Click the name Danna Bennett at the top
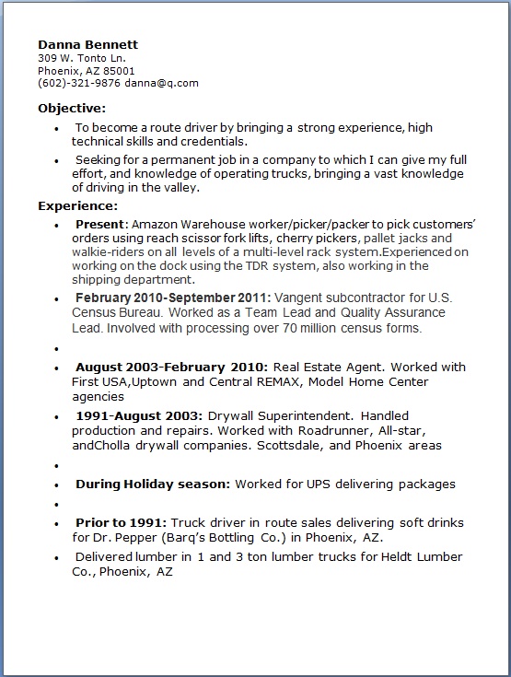pos(88,44)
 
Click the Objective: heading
pos(73,108)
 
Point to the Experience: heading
pos(77,205)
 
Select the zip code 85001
pos(119,70)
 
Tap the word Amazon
pos(156,225)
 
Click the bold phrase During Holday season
pos(152,484)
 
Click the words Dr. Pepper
pos(125,538)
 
